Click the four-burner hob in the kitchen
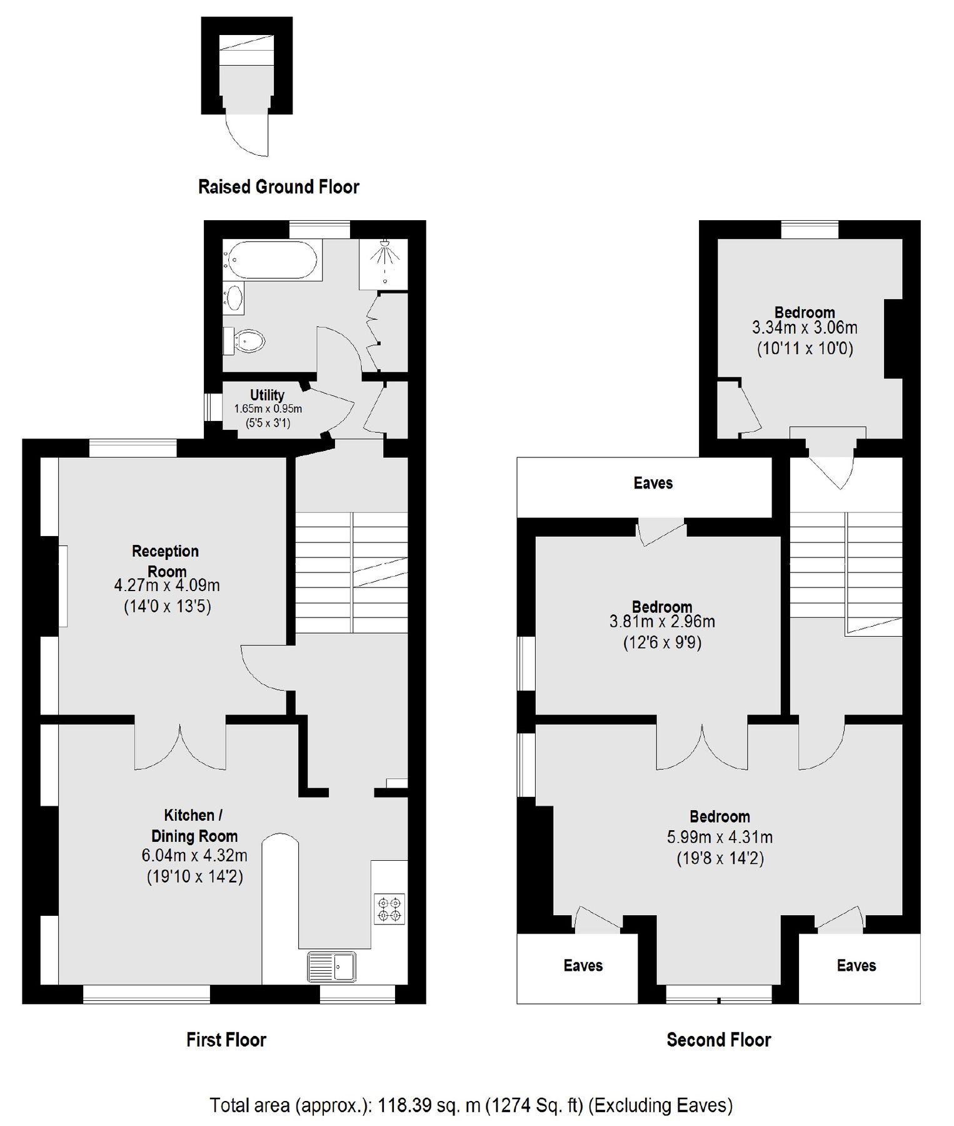tap(389, 909)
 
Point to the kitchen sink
tap(331, 966)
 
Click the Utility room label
tap(267, 395)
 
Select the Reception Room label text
tap(166, 560)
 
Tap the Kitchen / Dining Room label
tap(194, 825)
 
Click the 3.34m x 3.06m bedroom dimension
tap(804, 327)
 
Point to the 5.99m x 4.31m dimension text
tap(720, 837)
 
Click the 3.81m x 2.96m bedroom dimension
tap(661, 622)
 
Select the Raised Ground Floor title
tap(278, 186)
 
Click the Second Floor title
tap(718, 1040)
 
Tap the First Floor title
tap(226, 1040)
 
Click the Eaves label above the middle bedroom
tap(653, 483)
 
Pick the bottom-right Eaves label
tap(856, 965)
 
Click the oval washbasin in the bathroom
tap(235, 298)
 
